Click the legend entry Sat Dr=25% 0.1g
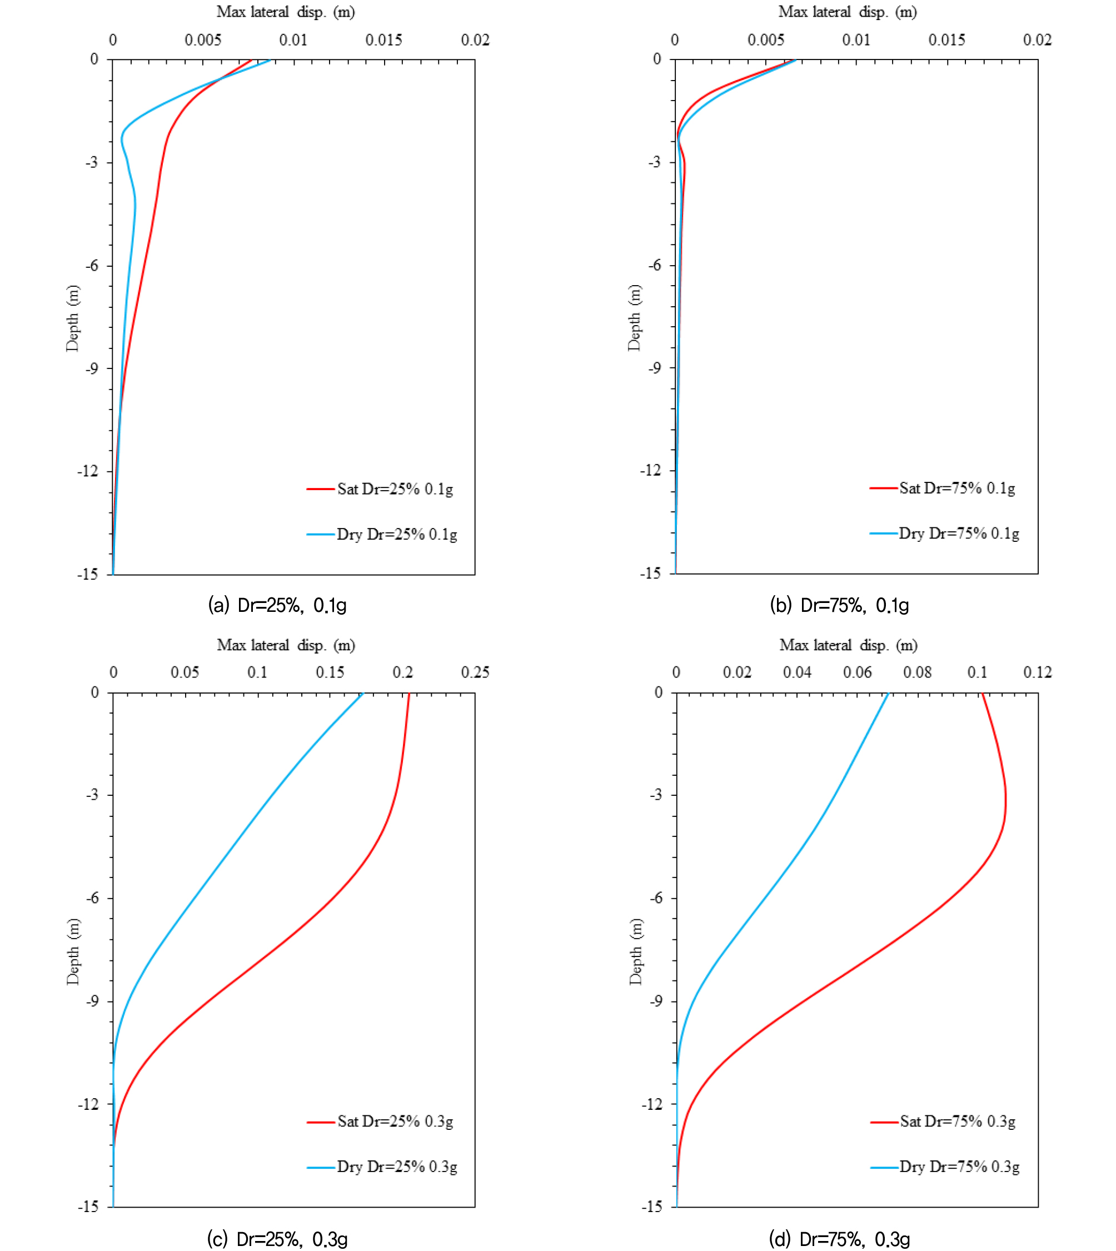click(380, 490)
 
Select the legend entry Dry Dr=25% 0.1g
click(382, 535)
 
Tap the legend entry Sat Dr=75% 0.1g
click(943, 489)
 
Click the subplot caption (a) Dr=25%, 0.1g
click(277, 606)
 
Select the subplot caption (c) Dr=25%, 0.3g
click(277, 1239)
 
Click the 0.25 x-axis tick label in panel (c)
click(475, 672)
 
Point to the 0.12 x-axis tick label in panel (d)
click(1038, 672)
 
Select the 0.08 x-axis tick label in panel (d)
click(918, 672)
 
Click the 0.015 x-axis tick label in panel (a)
click(384, 41)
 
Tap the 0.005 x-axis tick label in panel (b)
click(766, 41)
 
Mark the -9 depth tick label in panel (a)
click(92, 368)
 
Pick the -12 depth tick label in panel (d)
click(651, 1104)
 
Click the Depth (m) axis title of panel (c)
click(73, 952)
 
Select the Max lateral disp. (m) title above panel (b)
click(848, 12)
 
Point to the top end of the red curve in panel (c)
click(409, 694)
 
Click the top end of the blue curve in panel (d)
click(888, 694)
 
